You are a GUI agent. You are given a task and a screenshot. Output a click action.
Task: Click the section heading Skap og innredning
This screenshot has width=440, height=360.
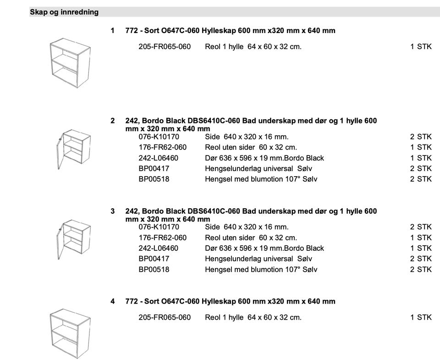(64, 12)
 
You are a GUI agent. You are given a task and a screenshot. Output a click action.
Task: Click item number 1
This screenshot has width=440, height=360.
(112, 31)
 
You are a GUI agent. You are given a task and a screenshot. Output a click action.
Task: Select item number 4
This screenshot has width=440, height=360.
(112, 301)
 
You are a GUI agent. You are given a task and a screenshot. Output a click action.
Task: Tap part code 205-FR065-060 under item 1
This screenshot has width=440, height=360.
(165, 47)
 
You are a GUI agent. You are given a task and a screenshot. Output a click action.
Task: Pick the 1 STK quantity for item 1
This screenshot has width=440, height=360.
(421, 47)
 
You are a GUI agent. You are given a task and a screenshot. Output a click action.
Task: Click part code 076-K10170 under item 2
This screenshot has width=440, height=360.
(159, 137)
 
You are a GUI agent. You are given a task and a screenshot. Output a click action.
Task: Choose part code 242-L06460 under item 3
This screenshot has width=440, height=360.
(158, 248)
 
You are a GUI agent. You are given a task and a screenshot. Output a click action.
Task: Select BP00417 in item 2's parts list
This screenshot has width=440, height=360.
(154, 168)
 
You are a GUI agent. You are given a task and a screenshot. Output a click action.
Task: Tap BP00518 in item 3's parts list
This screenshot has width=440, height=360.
(154, 270)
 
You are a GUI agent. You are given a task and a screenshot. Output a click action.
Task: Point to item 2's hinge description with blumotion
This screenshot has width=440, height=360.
(261, 179)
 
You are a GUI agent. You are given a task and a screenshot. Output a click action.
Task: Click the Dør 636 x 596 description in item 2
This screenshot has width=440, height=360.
(264, 158)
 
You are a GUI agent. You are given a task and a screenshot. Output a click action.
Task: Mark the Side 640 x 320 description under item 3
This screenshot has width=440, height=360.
(247, 227)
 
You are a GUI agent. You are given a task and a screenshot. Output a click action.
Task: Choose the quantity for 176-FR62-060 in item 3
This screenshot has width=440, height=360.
(421, 238)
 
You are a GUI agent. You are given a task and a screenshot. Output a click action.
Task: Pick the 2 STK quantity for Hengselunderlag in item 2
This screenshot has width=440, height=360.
(421, 168)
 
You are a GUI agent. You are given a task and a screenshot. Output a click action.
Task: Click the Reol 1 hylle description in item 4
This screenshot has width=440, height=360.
(253, 317)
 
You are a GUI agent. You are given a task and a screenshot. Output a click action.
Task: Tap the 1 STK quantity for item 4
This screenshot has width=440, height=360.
(421, 317)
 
